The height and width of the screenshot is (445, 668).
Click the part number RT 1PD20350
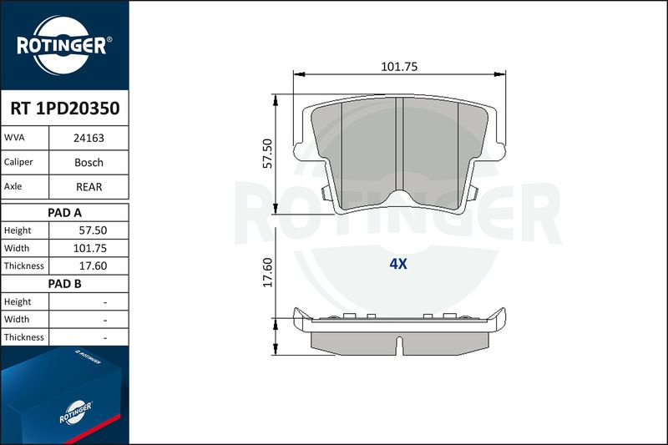click(65, 109)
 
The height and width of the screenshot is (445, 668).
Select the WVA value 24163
click(89, 138)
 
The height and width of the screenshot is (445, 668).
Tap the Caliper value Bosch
click(89, 162)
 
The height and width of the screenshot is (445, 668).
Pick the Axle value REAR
click(89, 186)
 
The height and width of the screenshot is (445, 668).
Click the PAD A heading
click(64, 213)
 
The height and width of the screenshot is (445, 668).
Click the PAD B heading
click(64, 284)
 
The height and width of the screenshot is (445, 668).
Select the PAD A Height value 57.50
click(93, 230)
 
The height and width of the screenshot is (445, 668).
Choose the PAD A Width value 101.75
click(90, 248)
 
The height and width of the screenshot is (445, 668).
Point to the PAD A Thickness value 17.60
click(93, 265)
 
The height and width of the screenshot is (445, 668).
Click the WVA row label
click(14, 138)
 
